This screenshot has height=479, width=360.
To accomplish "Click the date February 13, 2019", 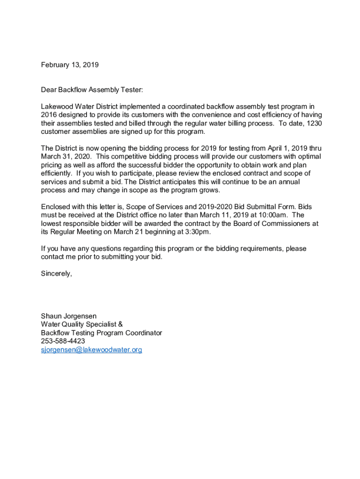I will click(x=70, y=65).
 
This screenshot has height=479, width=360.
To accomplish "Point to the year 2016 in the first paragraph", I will click(x=49, y=115).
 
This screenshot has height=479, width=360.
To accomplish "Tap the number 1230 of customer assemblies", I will click(x=314, y=123).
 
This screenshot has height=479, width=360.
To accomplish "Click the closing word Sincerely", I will click(x=57, y=274).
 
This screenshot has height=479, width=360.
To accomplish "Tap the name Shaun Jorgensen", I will click(x=69, y=316).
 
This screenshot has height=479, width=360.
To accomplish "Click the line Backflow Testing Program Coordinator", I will click(x=101, y=333).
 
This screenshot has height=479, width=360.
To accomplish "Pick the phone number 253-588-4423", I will click(x=63, y=341).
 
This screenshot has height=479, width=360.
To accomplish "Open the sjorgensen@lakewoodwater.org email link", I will click(x=92, y=350).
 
